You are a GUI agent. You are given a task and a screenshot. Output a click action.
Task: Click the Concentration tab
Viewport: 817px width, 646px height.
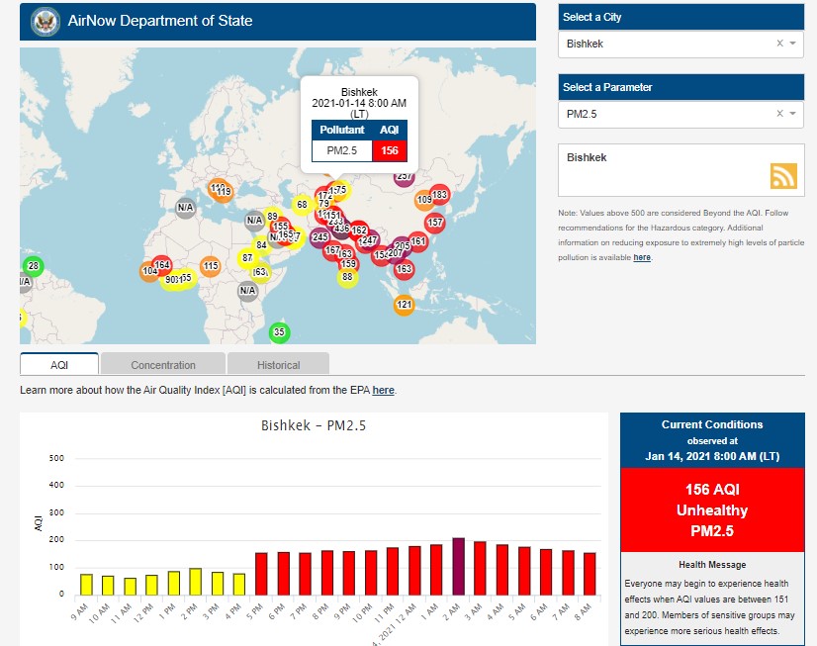[163, 365]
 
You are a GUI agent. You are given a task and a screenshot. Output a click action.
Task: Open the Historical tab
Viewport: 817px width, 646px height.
[278, 365]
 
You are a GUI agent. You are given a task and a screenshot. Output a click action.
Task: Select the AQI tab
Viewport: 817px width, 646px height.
[59, 365]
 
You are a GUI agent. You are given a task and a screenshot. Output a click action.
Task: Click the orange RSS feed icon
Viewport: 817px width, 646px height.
[783, 175]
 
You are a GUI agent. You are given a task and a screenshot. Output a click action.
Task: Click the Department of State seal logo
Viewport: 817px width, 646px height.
[45, 20]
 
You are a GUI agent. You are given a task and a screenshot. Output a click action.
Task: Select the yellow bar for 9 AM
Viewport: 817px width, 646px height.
[86, 584]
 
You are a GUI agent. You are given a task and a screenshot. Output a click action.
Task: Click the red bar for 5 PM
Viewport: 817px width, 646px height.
[262, 573]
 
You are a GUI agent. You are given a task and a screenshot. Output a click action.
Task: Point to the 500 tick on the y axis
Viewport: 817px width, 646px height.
[57, 459]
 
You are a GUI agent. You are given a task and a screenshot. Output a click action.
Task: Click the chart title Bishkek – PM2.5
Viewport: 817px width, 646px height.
[313, 426]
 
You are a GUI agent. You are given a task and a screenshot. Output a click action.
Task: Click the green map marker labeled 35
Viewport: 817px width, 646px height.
[279, 332]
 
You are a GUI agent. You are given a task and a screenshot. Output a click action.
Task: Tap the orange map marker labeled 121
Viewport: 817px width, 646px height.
[404, 305]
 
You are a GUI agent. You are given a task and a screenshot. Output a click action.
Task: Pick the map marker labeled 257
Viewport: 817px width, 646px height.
[404, 177]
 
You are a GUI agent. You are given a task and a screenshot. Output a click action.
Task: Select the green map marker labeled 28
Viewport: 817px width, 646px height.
[33, 266]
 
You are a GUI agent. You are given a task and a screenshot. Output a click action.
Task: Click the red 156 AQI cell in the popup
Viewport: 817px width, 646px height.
[390, 150]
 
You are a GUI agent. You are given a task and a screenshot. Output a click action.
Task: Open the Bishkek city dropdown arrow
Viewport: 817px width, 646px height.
[792, 44]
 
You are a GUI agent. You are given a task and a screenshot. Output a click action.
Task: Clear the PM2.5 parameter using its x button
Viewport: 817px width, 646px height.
[779, 114]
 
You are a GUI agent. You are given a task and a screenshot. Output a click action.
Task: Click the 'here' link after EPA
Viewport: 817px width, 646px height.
[383, 391]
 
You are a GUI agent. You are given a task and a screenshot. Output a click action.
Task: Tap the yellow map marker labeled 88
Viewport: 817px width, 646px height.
[347, 277]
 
